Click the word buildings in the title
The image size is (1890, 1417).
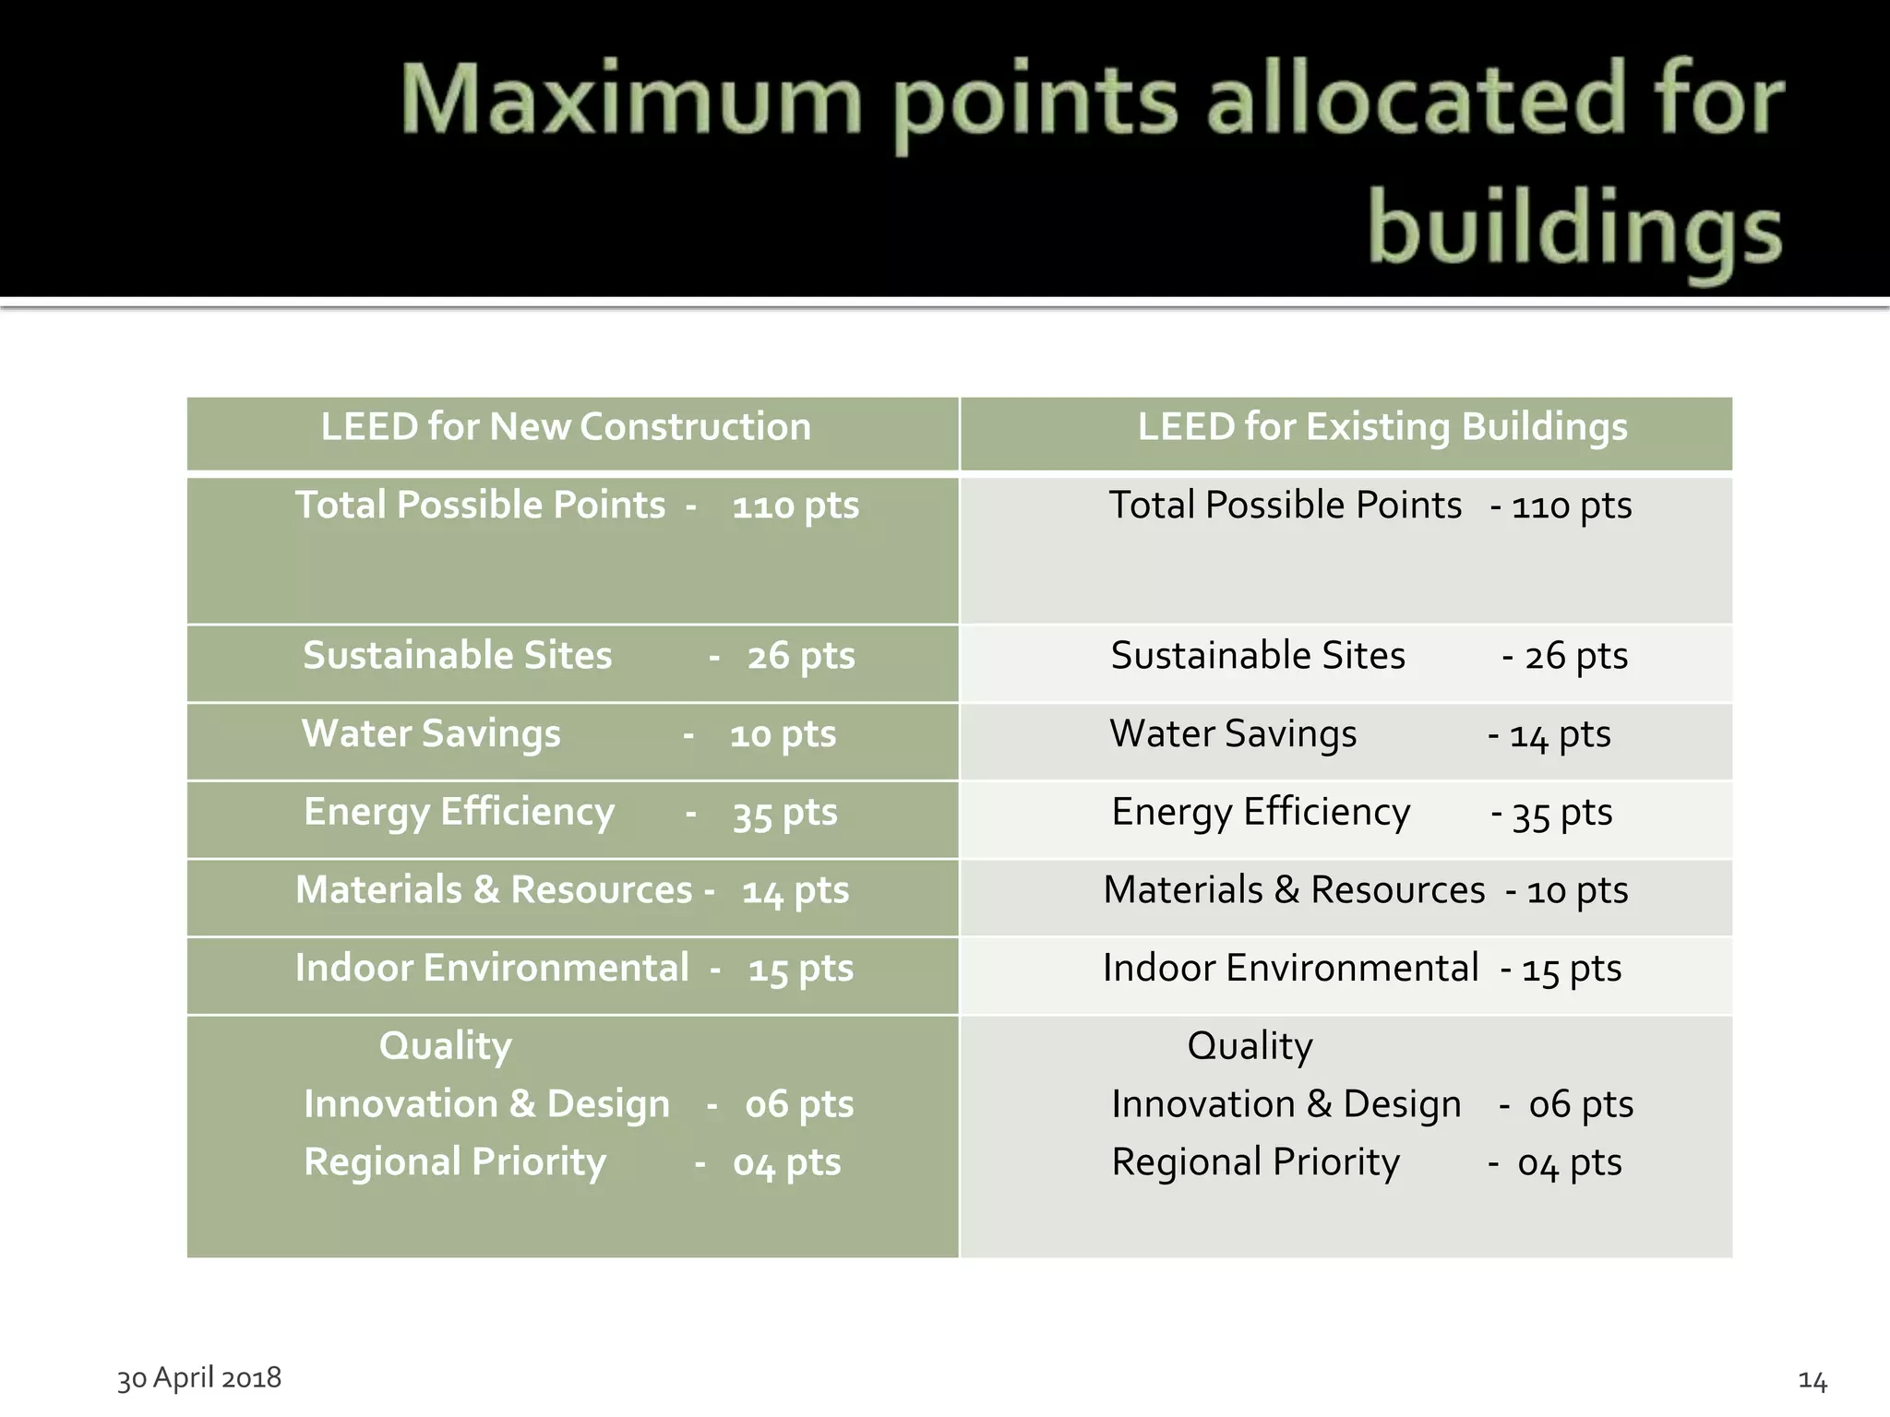(x=1574, y=231)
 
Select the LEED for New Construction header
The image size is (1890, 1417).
(x=566, y=427)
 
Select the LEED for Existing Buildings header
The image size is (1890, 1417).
(x=1382, y=427)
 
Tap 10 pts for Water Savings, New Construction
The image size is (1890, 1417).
(x=783, y=735)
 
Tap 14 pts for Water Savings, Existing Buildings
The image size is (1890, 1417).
(x=1560, y=735)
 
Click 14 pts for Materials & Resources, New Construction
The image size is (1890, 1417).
(x=795, y=891)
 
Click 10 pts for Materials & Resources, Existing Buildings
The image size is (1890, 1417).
(x=1577, y=891)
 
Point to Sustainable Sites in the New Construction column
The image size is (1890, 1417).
(x=458, y=656)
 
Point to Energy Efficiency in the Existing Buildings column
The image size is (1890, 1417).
(x=1261, y=813)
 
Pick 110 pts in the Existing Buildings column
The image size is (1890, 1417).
(x=1572, y=506)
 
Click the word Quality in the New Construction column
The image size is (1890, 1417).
(x=445, y=1047)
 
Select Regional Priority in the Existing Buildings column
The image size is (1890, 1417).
(x=1255, y=1162)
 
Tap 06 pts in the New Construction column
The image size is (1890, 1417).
(x=799, y=1104)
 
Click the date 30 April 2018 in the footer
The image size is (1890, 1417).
(x=199, y=1377)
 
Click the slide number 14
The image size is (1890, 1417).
(x=1812, y=1381)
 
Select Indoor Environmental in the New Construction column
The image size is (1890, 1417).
(x=492, y=969)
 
